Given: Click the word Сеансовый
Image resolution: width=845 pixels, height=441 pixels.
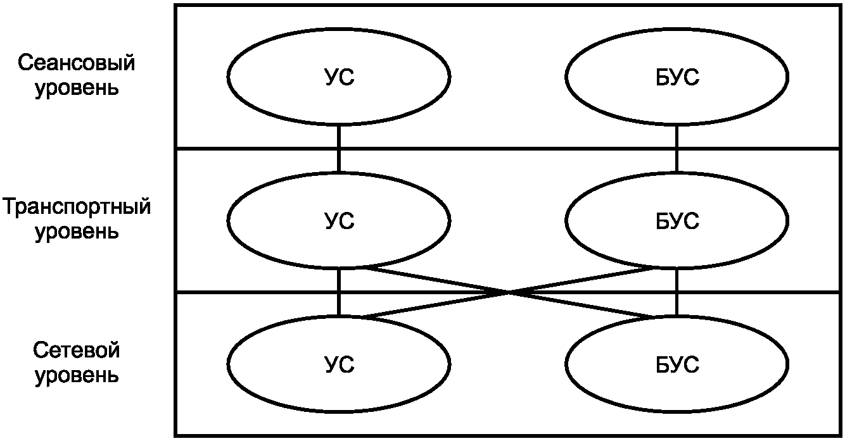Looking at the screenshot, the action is (x=76, y=63).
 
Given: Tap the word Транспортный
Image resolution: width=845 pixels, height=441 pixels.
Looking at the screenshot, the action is (x=77, y=206).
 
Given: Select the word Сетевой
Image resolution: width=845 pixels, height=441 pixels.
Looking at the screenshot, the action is (x=76, y=350).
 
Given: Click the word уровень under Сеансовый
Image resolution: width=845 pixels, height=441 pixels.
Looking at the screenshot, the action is (x=77, y=88).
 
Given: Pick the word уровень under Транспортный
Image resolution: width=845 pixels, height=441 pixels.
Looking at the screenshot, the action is (x=77, y=232).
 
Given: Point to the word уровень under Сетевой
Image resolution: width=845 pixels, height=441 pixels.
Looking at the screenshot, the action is (x=77, y=375).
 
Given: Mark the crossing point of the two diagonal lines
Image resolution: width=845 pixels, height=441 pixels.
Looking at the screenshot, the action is (x=509, y=292).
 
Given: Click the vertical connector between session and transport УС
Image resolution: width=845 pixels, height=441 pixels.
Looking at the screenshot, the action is (x=339, y=149).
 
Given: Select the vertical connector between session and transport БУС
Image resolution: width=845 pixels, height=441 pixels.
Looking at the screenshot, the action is (x=677, y=149).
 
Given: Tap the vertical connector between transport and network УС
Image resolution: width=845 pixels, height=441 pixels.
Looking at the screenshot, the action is (x=339, y=292).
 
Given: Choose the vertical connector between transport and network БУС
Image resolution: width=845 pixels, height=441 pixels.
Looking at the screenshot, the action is (x=677, y=292).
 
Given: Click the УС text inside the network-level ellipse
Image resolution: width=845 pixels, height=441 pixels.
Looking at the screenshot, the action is (x=339, y=364).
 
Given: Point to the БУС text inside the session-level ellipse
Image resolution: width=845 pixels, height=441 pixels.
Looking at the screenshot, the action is (x=677, y=77).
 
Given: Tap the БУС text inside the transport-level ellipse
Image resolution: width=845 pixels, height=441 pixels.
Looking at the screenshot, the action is (x=677, y=221).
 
